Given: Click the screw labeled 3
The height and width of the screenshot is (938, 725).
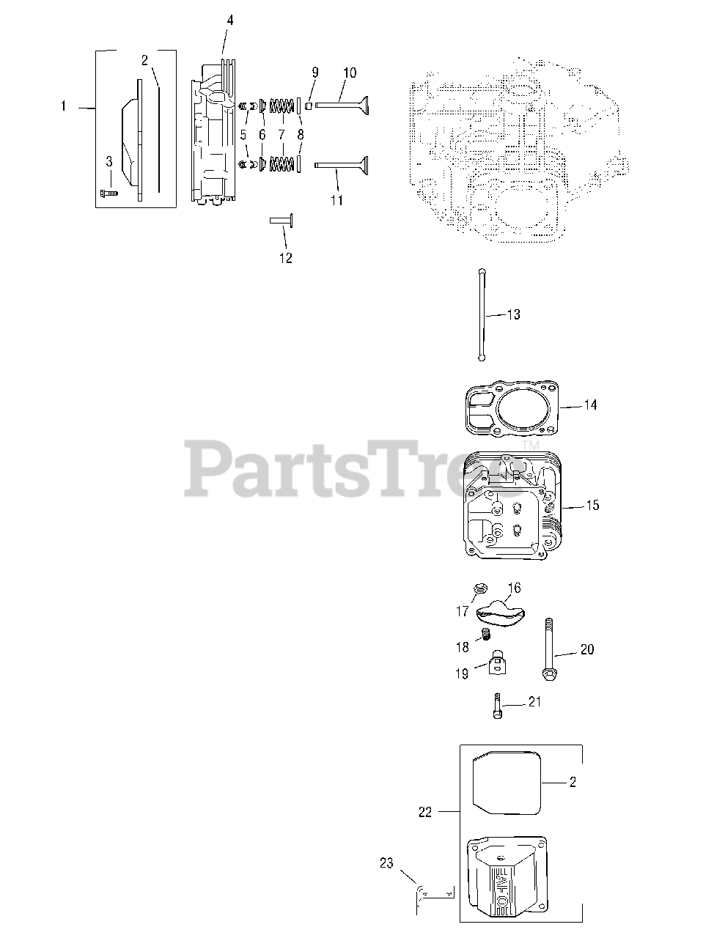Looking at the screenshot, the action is pyautogui.click(x=108, y=193).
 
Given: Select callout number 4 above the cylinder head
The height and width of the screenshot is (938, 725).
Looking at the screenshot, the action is pyautogui.click(x=229, y=21).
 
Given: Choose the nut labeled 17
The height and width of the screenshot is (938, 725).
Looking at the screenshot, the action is pyautogui.click(x=482, y=588).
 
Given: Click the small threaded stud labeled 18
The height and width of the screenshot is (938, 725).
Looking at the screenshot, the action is pyautogui.click(x=484, y=634).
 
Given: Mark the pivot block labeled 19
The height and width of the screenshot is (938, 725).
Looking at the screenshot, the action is pyautogui.click(x=496, y=662).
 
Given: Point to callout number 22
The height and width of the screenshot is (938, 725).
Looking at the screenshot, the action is pyautogui.click(x=425, y=812).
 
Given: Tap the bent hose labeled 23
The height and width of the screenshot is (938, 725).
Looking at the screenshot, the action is pyautogui.click(x=421, y=895).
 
